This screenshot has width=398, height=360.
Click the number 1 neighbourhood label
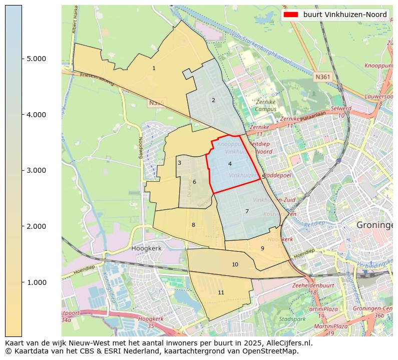[154, 68]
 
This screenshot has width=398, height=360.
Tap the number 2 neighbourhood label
[213, 100]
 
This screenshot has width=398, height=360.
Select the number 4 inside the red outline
[230, 164]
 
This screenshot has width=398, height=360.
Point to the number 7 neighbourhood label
[247, 211]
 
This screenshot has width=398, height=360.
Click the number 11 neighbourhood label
[221, 292]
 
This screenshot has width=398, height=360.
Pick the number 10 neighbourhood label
[235, 264]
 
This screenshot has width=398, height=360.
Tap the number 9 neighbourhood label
[262, 248]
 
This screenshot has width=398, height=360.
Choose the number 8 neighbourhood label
[193, 225]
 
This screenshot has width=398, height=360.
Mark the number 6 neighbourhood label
[194, 182]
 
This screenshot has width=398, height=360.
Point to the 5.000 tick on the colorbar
[36, 59]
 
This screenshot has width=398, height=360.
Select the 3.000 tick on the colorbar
[36, 170]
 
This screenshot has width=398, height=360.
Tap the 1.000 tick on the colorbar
[36, 282]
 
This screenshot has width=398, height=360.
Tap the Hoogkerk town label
[145, 248]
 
